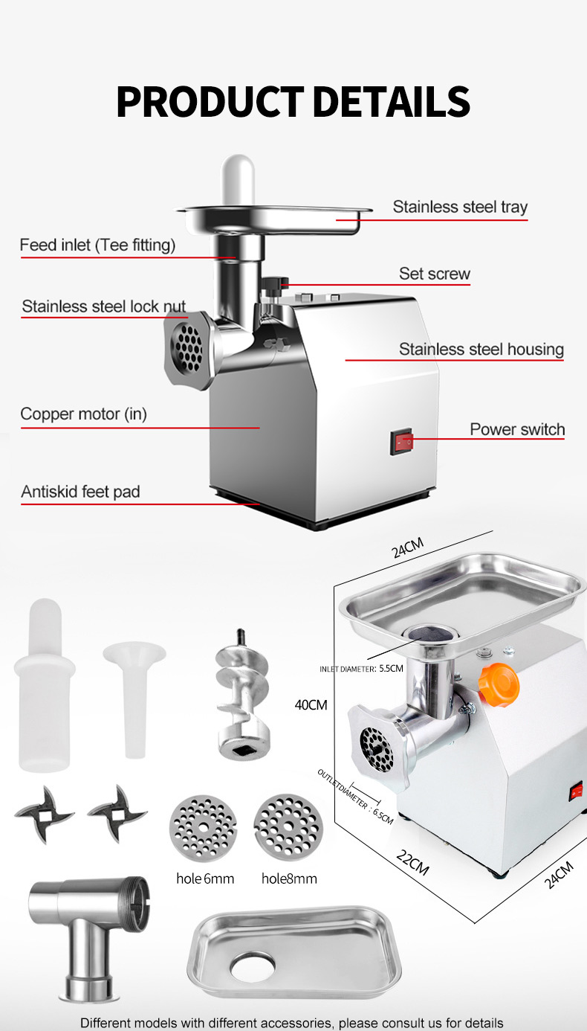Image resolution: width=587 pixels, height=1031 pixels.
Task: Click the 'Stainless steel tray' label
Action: coord(460,207)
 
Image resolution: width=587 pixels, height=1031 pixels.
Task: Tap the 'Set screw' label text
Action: coord(435,274)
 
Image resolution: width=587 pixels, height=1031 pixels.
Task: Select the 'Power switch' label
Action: coord(517,429)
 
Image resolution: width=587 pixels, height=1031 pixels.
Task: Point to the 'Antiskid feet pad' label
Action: coord(80,492)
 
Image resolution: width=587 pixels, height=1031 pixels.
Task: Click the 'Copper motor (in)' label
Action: coord(83,414)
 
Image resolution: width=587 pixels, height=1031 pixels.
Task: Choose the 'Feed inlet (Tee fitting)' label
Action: coord(97,245)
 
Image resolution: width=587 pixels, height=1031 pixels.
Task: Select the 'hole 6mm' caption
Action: coord(205,879)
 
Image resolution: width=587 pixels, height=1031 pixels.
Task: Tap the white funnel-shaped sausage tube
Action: coord(134,692)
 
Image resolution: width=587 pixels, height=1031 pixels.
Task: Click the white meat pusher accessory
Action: coord(44,684)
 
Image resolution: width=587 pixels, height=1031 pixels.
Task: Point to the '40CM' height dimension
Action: coord(311,704)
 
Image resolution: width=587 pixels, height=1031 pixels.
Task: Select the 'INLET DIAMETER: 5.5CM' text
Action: coord(362,668)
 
